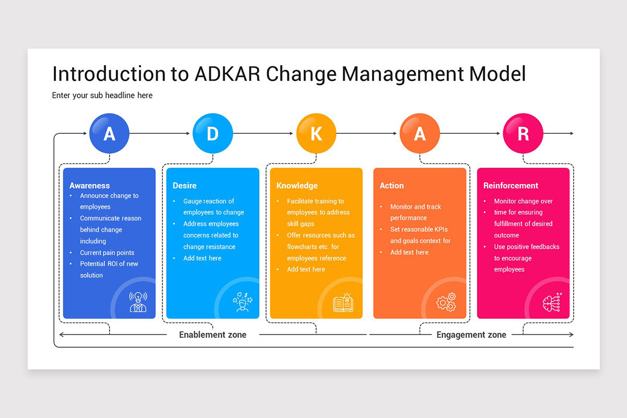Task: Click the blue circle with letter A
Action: (109, 134)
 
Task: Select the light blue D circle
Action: (213, 134)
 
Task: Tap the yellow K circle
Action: (316, 134)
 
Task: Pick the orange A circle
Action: (420, 134)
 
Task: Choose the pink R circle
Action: (523, 134)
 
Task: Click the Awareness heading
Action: (89, 185)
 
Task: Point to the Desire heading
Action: (184, 185)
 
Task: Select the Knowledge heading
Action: (297, 185)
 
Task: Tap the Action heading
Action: (391, 185)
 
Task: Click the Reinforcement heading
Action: (510, 185)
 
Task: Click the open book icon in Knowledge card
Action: (343, 303)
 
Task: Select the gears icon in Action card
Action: (446, 303)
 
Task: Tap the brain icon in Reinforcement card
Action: (552, 303)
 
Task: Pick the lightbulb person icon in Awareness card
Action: (138, 302)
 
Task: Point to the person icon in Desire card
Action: (242, 302)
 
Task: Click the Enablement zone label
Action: (213, 335)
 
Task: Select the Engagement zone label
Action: (471, 335)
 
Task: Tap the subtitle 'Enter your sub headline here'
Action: (102, 96)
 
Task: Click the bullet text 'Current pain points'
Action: (107, 252)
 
